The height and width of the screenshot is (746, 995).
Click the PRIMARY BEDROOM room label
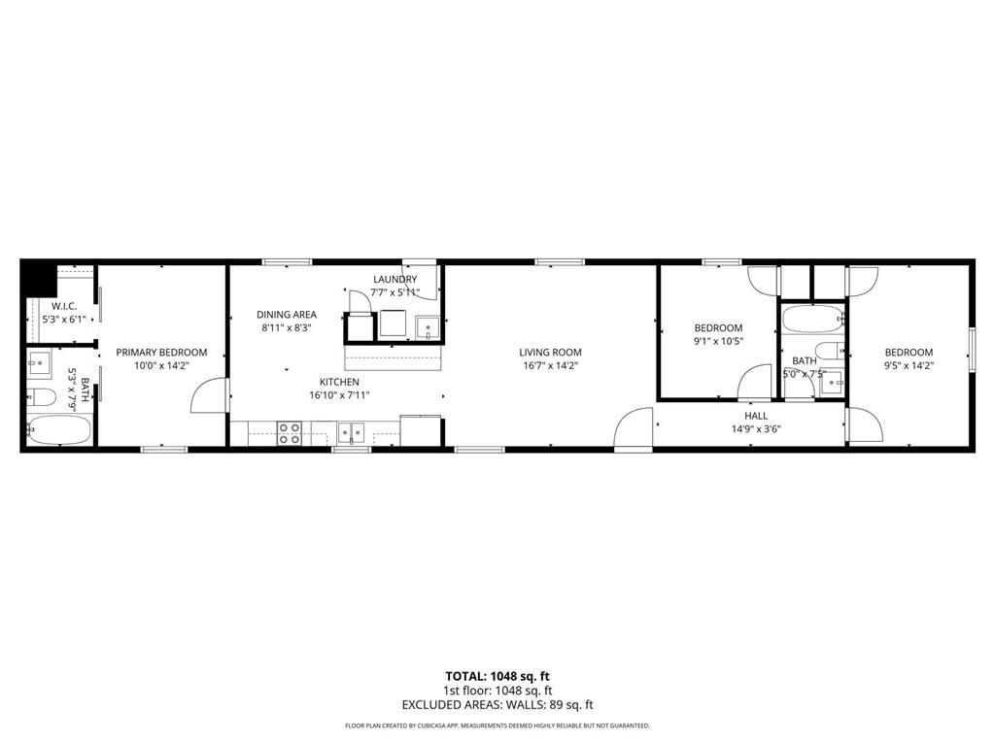161,353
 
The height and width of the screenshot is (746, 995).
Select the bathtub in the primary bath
59,429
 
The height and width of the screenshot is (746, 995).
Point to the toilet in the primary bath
41,396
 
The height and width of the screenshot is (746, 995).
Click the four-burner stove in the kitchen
289,433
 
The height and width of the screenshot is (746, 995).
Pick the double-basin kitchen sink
351,433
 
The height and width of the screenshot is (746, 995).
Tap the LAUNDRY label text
395,280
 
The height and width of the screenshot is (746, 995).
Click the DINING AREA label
287,315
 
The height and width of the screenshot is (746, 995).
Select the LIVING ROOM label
550,353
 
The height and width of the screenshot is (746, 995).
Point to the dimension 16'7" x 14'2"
550,366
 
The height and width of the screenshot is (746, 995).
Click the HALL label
756,416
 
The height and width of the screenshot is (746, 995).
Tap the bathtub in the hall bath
812,320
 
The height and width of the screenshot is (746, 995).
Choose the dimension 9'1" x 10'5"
718,342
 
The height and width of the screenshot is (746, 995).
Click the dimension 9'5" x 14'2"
909,366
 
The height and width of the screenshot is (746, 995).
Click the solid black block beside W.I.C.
37,278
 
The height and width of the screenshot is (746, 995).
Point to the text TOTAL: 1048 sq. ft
497,676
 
